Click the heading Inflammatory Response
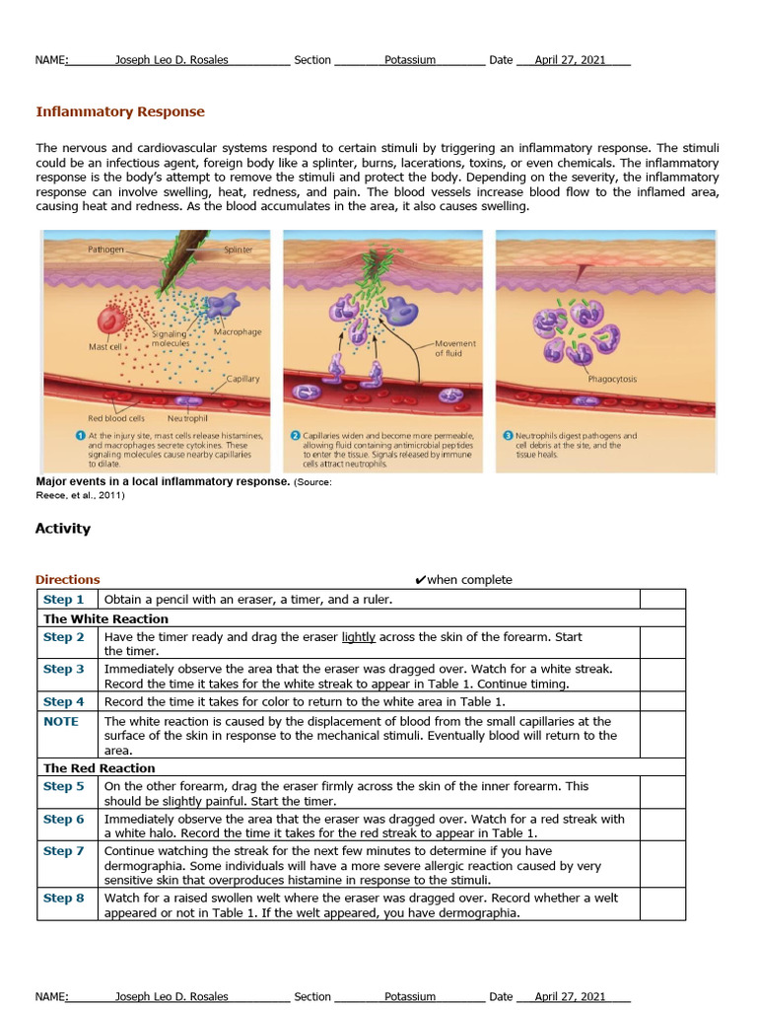(x=120, y=111)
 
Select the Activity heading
(x=63, y=529)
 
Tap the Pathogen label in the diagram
(x=106, y=250)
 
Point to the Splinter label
(x=238, y=250)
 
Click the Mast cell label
(x=105, y=347)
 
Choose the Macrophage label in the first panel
(x=238, y=331)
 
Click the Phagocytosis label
(x=612, y=379)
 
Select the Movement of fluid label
(x=454, y=348)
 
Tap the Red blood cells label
(x=116, y=418)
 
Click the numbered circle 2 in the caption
(x=295, y=435)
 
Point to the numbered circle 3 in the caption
(x=508, y=435)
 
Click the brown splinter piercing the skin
(x=183, y=252)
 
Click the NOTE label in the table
(x=61, y=722)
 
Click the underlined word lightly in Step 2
(x=359, y=637)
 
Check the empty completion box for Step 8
(x=662, y=905)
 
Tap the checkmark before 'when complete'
(x=420, y=580)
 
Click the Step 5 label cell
(x=64, y=787)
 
